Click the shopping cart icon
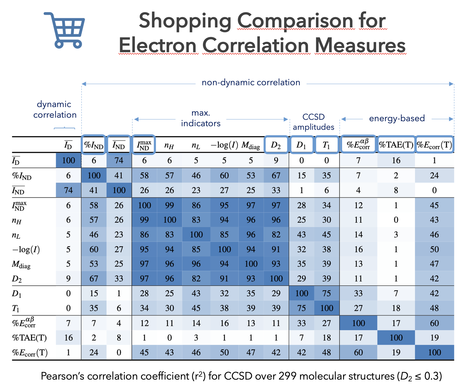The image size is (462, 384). pos(64,30)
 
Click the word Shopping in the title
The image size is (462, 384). pos(185,21)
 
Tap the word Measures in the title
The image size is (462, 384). pos(360,46)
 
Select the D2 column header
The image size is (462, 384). pos(276,145)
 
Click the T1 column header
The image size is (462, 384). pos(326,145)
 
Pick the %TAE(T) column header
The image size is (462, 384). pos(396,145)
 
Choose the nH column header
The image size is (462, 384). pos(169,145)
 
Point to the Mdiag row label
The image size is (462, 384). pos(21,264)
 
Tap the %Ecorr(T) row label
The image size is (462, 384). pos(30,353)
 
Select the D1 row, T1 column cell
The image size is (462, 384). pos(327,293)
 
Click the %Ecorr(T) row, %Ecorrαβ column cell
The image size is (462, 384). pos(358,353)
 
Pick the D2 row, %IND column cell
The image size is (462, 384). pos(94,279)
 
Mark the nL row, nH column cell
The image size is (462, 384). pos(169,235)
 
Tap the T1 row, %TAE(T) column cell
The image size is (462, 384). pos(396,308)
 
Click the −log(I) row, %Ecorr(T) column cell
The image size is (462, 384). pos(434,250)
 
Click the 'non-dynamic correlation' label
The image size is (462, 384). pos(251,82)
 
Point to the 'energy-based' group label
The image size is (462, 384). pos(397,118)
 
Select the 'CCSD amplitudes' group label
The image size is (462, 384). pos(314,122)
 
